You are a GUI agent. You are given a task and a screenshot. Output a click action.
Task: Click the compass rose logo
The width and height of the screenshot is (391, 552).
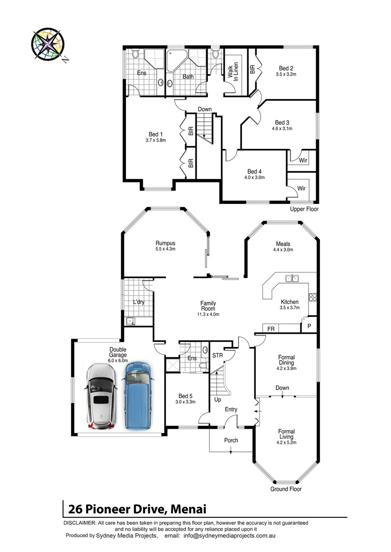[x=48, y=44]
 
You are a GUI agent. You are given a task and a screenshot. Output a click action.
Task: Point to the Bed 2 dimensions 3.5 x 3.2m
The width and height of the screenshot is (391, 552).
[x=286, y=75]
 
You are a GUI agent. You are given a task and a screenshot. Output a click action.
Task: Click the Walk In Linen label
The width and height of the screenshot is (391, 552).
[x=233, y=71]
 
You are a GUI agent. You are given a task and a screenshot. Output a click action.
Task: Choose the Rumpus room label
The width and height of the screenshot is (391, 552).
[x=165, y=243]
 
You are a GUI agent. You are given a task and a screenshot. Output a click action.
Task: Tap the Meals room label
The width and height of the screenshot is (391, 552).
[x=283, y=244]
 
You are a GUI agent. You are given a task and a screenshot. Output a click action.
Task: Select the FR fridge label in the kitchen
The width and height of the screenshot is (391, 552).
[x=270, y=329]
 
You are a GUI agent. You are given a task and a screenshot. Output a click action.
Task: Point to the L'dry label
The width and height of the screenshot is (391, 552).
[x=139, y=303]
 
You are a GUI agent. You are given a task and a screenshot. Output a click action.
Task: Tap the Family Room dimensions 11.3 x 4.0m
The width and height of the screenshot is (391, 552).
[x=207, y=314]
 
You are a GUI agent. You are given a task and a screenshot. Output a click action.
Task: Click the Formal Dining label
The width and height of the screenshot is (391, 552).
[x=286, y=360]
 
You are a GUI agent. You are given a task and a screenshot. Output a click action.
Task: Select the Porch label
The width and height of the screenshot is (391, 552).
[x=231, y=440]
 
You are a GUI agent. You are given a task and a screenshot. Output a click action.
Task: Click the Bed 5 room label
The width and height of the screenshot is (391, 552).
[x=185, y=396]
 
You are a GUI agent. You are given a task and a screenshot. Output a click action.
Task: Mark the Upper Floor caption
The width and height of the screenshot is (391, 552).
[x=304, y=209]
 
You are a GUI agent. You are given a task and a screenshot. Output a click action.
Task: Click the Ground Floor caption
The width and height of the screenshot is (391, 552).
[x=286, y=489]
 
